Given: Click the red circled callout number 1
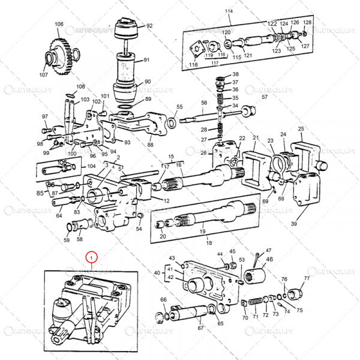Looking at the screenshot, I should (91, 258).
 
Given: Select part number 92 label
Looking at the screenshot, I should (149, 26).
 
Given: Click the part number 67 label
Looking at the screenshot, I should (200, 328).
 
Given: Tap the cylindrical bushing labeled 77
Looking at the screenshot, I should (295, 293).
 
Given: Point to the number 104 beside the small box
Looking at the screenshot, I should (91, 166).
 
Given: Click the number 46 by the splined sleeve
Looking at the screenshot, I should (269, 259).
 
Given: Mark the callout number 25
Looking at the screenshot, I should (301, 128).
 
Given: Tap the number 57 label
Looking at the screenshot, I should (265, 97).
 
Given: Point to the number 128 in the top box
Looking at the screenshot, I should (307, 22).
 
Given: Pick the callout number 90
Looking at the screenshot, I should (148, 82).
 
